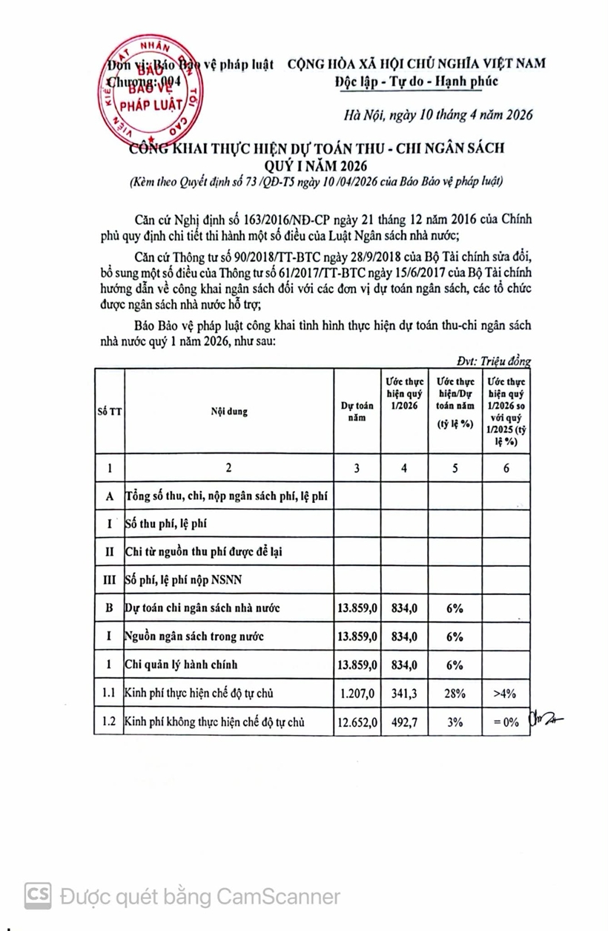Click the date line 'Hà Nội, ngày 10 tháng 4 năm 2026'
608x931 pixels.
click(438, 115)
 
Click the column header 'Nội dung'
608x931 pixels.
click(228, 410)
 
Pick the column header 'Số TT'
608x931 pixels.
click(109, 410)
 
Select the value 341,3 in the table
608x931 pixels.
click(403, 694)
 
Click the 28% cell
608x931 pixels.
click(455, 694)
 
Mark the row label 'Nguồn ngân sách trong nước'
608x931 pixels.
click(194, 636)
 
